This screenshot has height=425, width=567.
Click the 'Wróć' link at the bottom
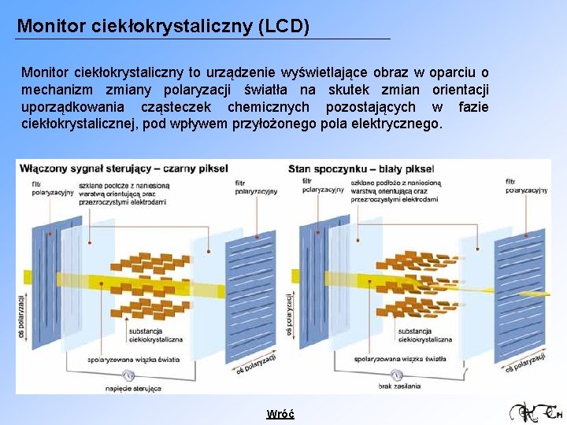(280, 414)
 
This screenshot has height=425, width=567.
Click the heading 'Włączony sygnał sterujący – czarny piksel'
(124, 168)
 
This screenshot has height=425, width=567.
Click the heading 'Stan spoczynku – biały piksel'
(361, 168)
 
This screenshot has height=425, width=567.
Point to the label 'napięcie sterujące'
(134, 388)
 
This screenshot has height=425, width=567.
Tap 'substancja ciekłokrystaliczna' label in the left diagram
(156, 335)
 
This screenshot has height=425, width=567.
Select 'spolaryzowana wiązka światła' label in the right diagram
(400, 357)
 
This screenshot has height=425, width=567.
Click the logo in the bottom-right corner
(535, 412)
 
